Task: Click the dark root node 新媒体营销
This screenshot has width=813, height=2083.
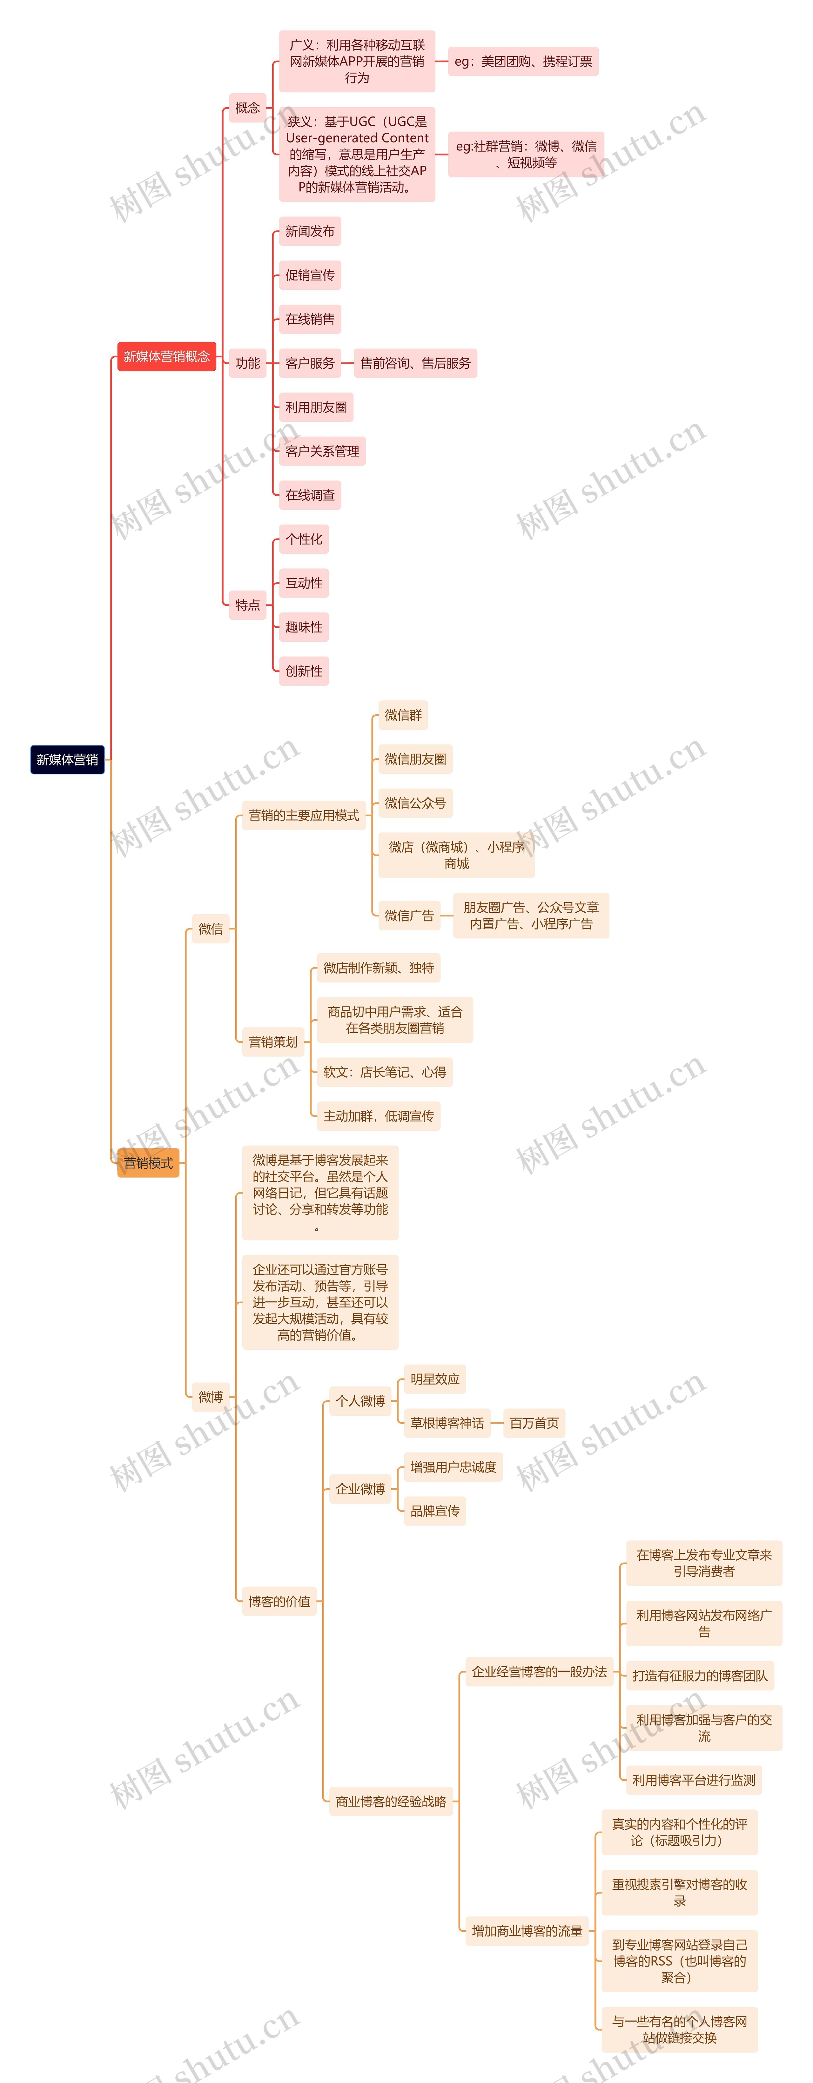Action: [x=67, y=759]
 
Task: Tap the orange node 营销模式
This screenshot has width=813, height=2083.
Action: [x=148, y=1163]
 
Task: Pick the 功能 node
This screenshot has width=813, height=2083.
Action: [x=247, y=363]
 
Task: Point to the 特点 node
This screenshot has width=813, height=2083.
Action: [x=247, y=605]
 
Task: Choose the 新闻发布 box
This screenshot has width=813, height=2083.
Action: [x=310, y=231]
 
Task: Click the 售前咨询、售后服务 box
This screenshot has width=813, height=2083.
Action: [x=415, y=363]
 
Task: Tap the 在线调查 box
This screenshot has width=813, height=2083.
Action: [x=310, y=495]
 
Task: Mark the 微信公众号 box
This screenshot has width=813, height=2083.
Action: [x=415, y=803]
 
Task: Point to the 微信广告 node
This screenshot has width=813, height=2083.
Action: [x=409, y=915]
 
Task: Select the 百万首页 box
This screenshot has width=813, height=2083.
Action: [x=534, y=1423]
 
